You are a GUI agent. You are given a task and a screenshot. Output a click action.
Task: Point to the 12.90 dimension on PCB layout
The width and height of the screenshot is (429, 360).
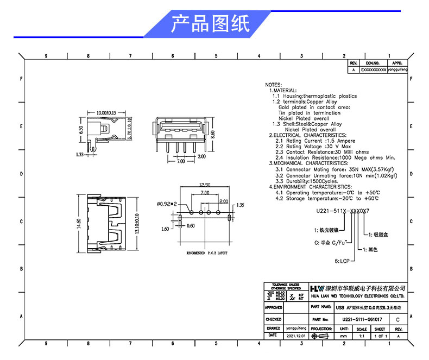205,185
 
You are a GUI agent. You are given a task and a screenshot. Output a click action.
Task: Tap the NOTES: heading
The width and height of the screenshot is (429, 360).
273,85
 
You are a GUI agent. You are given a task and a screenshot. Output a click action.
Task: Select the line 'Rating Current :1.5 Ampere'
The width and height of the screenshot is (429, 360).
316,141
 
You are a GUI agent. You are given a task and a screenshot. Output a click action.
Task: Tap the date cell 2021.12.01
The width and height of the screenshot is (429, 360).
296,336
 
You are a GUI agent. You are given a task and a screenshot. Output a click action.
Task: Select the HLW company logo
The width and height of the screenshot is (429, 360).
316,288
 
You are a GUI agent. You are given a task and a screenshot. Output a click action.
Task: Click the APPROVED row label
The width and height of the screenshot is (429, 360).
274,307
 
